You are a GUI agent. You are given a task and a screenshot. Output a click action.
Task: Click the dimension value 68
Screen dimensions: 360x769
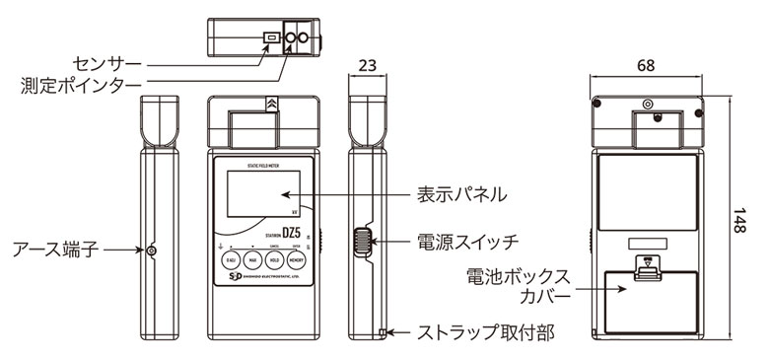pyautogui.click(x=646, y=66)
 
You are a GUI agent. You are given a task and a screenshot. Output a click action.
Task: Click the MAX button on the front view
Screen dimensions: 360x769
pyautogui.click(x=252, y=260)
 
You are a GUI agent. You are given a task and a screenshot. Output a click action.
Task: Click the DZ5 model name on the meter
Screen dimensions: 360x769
pyautogui.click(x=291, y=233)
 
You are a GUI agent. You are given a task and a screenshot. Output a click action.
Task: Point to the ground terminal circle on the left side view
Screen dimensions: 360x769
pyautogui.click(x=151, y=252)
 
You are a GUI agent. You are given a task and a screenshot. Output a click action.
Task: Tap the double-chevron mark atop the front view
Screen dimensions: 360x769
pyautogui.click(x=270, y=102)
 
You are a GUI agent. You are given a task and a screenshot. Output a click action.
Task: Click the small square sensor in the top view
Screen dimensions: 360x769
pyautogui.click(x=268, y=37)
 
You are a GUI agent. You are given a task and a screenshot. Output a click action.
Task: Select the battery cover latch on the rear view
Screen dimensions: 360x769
pyautogui.click(x=647, y=266)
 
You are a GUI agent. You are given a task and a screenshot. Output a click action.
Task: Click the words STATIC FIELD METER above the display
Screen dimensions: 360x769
pyautogui.click(x=262, y=164)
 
